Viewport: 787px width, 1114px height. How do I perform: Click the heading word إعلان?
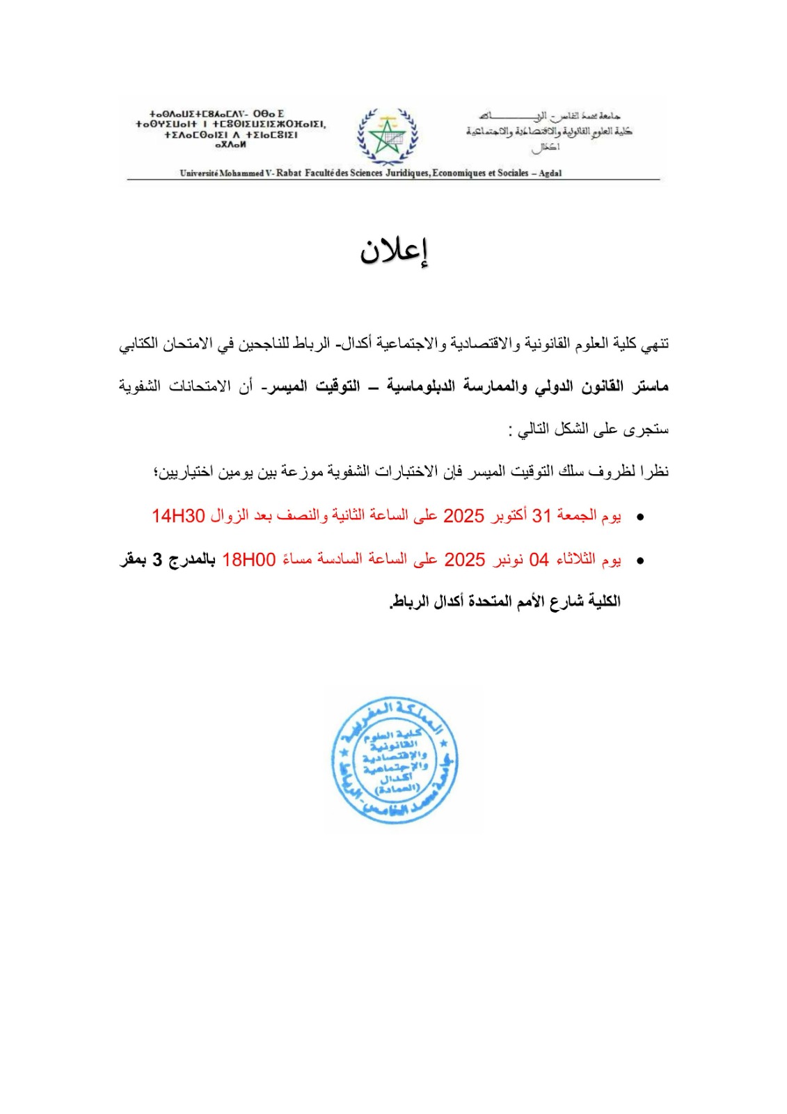coord(393,252)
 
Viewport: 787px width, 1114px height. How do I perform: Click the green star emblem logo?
coord(388,137)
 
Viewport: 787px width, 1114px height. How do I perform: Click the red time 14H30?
coord(178,516)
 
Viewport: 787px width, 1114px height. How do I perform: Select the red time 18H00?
coord(249,559)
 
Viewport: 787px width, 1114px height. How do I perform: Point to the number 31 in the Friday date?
coord(541,516)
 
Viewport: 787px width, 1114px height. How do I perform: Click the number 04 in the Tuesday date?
coord(539,559)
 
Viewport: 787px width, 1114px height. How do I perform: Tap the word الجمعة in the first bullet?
coord(577,516)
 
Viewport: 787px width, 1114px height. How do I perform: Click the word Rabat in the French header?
coord(289,173)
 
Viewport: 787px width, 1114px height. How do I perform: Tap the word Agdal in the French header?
coord(550,173)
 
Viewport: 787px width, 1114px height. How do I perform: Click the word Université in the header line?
coord(199,173)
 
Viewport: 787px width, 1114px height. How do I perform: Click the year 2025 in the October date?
coord(463,516)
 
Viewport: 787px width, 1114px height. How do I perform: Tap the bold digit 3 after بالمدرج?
coord(158,559)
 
